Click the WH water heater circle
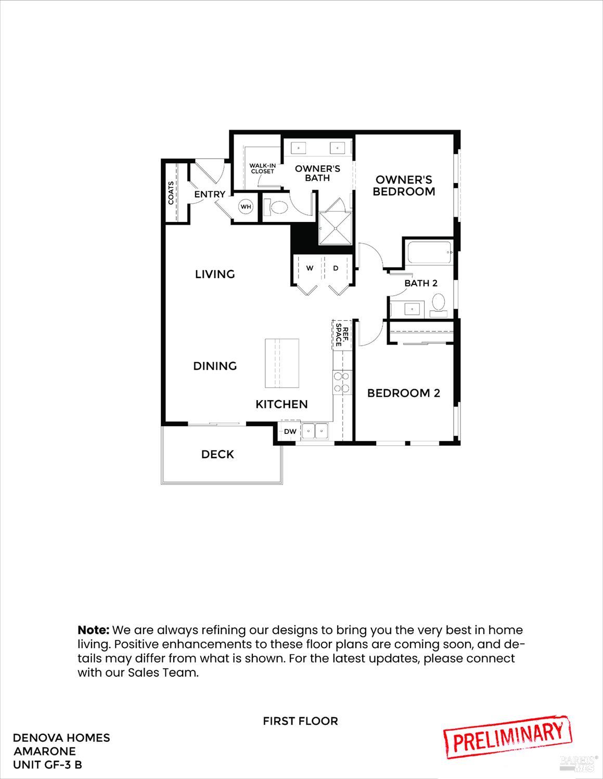click(246, 207)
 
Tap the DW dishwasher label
click(290, 431)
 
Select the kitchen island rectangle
click(282, 363)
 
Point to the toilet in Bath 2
click(439, 303)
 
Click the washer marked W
click(310, 268)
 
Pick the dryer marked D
click(336, 268)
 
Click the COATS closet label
click(171, 192)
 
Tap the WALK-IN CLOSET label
click(262, 168)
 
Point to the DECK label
click(217, 454)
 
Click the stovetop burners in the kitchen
click(341, 382)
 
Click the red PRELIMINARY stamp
click(508, 735)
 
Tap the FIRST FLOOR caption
click(300, 721)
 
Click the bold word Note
click(93, 630)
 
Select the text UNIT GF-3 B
click(47, 764)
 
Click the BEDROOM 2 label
click(404, 393)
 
